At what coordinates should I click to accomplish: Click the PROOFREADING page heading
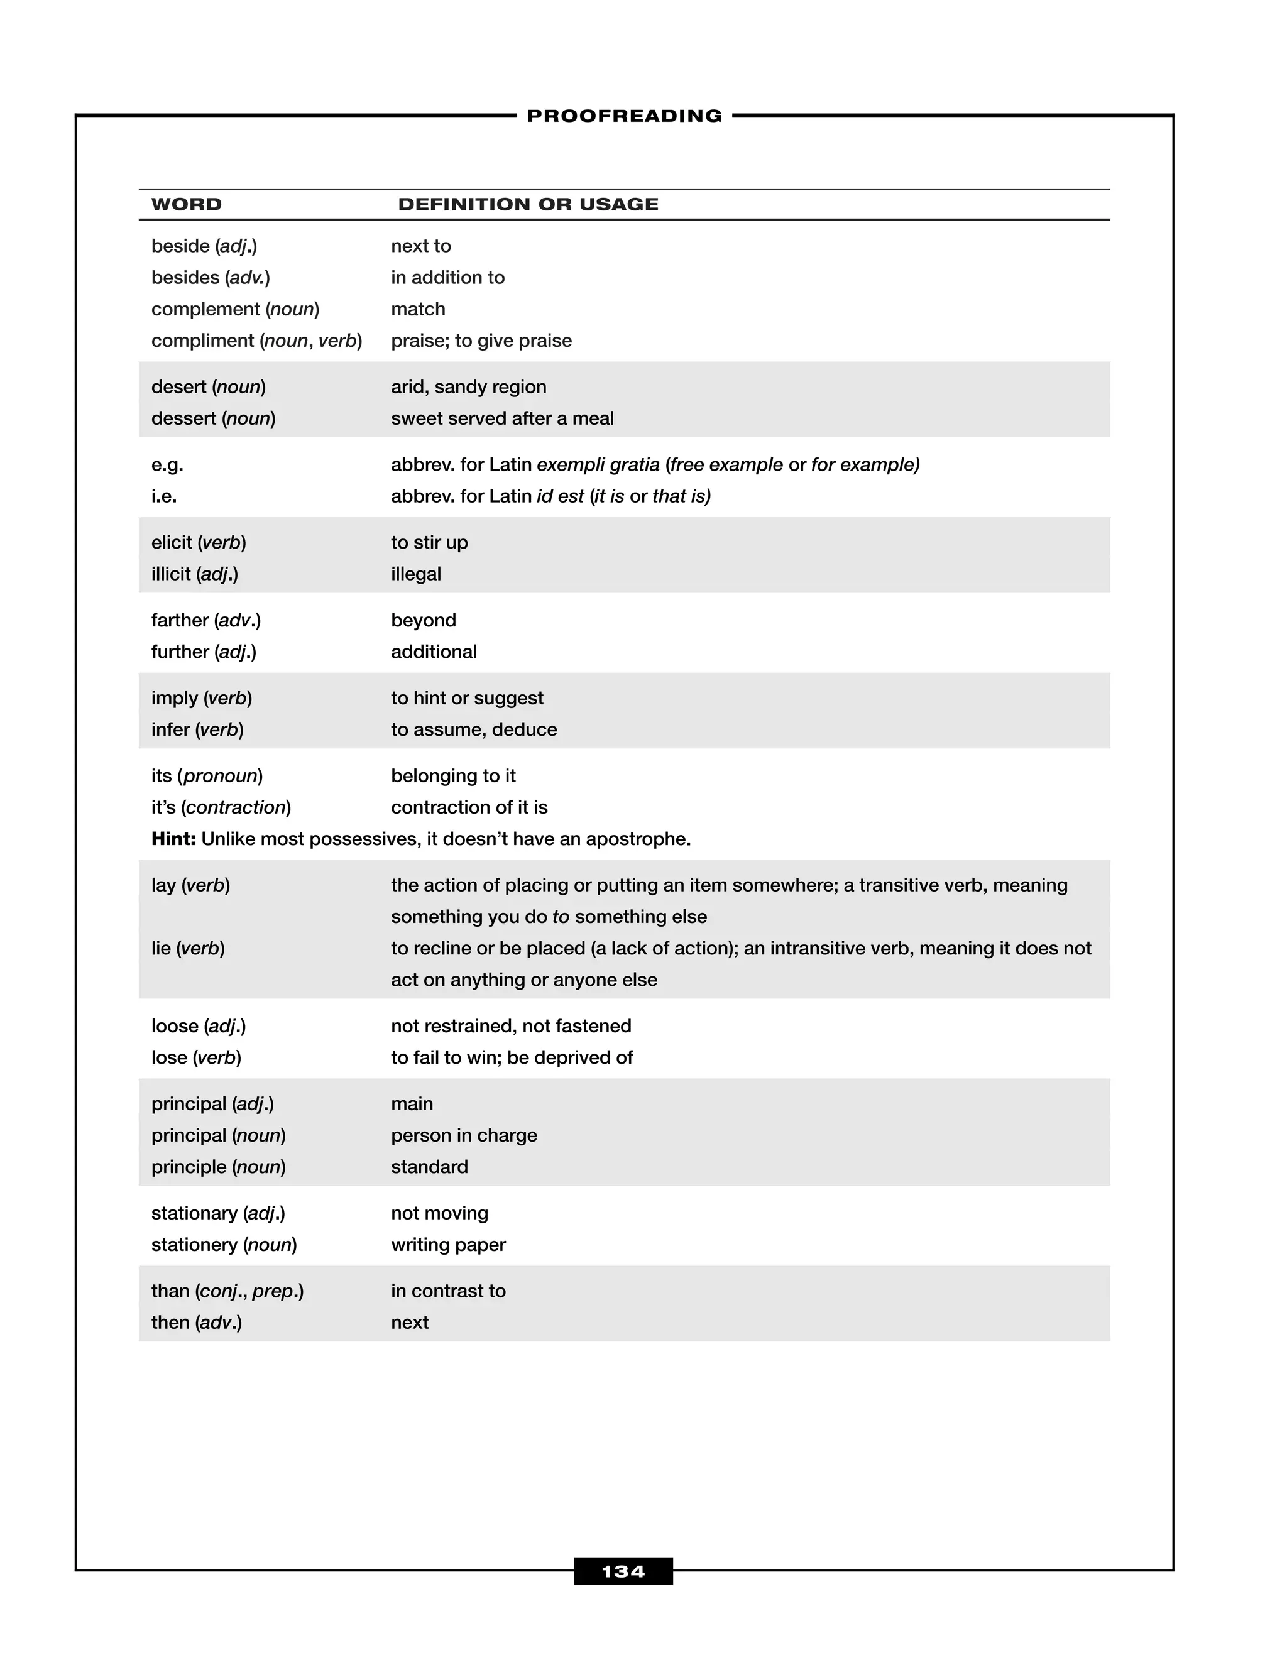623,116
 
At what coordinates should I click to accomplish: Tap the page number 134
623,1571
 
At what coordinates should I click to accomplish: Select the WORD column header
186,204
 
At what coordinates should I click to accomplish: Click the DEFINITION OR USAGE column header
528,204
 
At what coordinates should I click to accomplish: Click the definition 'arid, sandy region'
468,387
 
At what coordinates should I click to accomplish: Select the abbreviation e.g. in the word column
167,465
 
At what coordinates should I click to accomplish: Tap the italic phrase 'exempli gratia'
598,465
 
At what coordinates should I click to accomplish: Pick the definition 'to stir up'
429,543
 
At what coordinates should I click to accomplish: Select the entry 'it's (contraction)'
221,807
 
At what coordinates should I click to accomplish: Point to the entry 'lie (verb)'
187,948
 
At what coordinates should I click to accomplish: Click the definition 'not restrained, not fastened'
511,1026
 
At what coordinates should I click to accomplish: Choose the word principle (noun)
218,1167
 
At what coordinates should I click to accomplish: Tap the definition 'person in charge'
464,1136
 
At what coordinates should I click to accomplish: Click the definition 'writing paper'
448,1245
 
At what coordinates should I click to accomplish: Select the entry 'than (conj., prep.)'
227,1291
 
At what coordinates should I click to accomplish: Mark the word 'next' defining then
410,1323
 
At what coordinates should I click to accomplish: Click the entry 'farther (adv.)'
206,621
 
